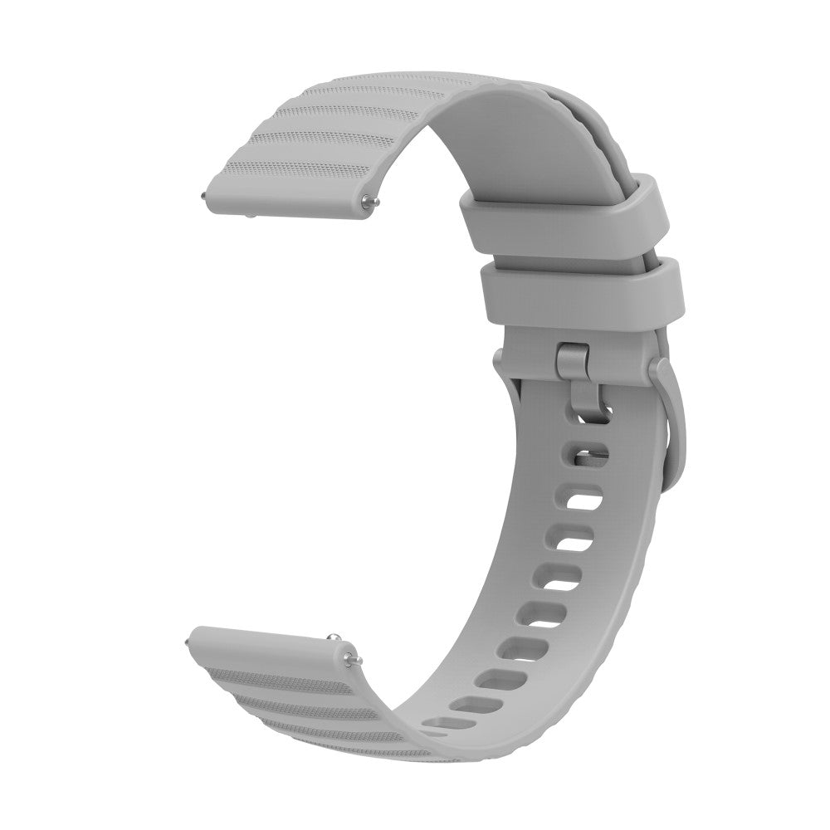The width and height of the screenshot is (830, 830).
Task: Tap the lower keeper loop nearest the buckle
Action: tap(581, 286)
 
